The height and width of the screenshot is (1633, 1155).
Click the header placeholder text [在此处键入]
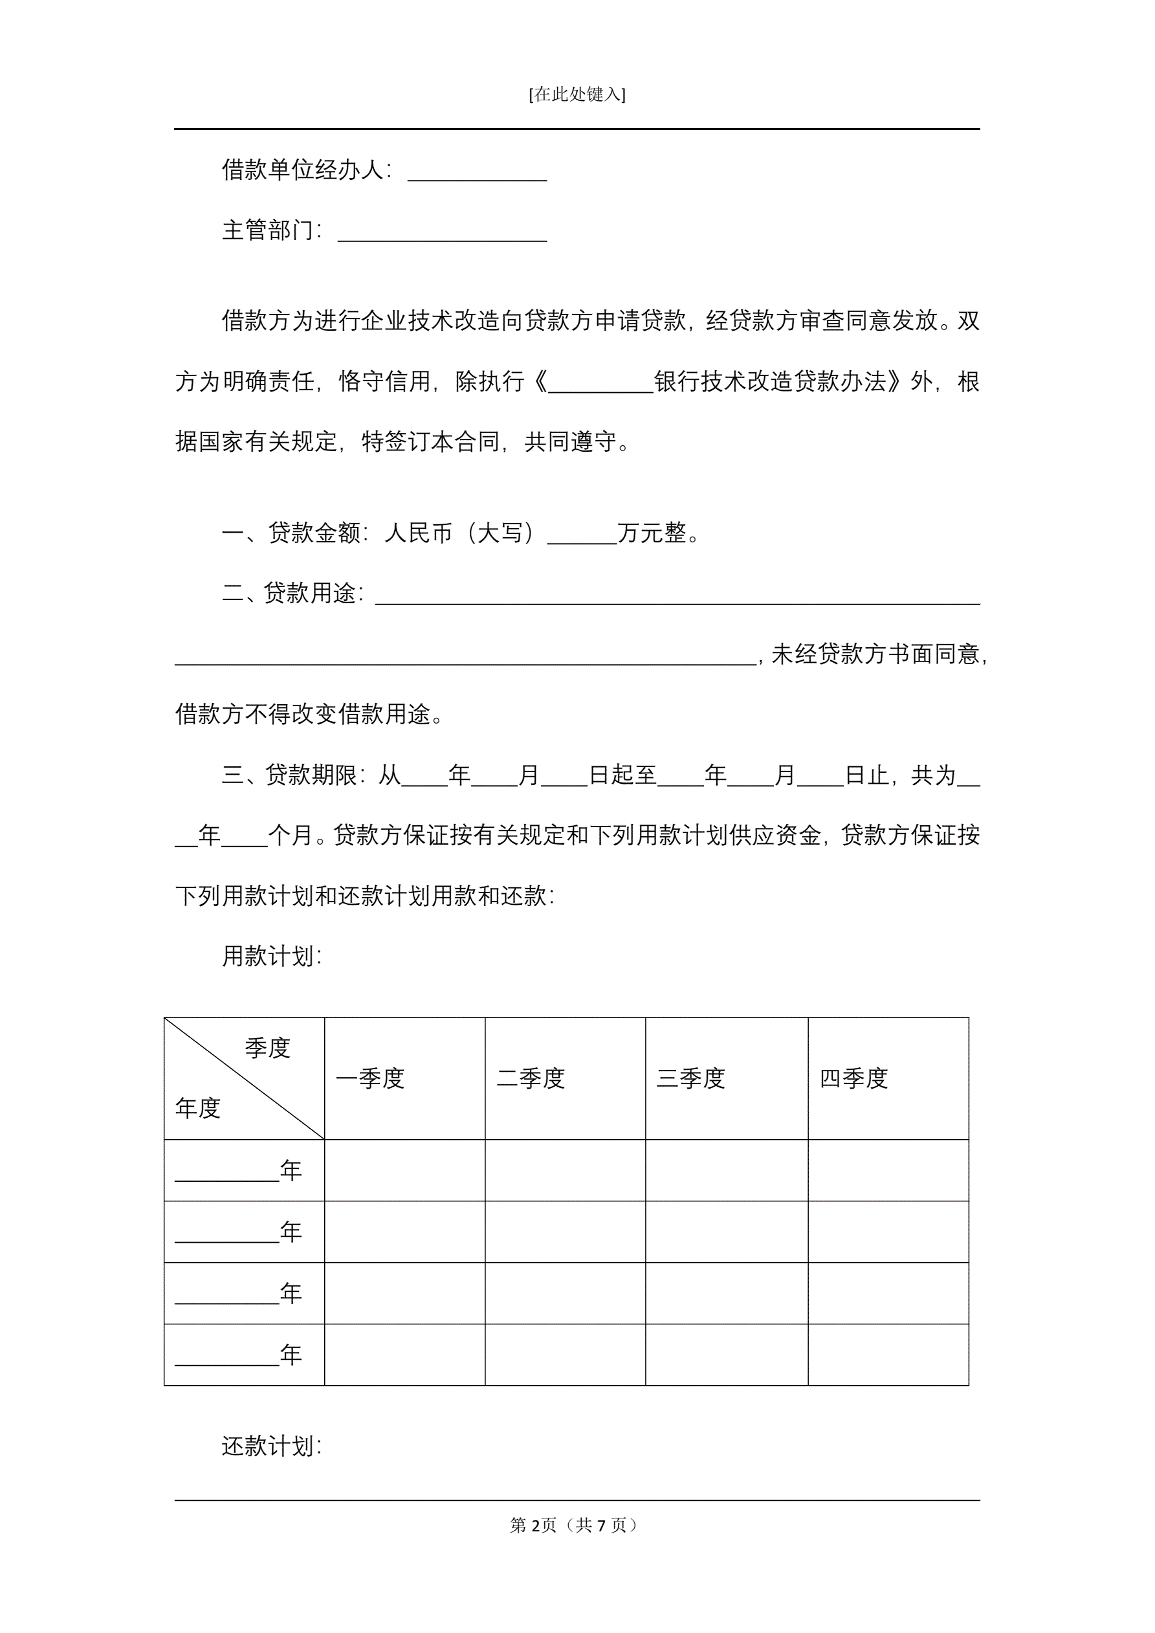(x=577, y=94)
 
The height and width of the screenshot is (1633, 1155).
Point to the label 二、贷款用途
(x=292, y=592)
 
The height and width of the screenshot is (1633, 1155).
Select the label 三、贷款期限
(x=293, y=775)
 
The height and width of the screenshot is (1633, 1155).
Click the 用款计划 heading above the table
(x=272, y=956)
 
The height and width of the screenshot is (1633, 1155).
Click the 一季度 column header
(x=370, y=1078)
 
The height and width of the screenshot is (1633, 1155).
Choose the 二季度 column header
(x=531, y=1078)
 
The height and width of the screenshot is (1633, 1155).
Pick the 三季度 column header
(x=690, y=1078)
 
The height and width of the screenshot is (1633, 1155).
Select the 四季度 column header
(x=853, y=1078)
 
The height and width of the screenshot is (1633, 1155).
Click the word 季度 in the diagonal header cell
(x=267, y=1048)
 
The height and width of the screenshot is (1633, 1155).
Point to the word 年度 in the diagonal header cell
(x=198, y=1108)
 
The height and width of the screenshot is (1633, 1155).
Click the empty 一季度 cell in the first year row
(x=404, y=1170)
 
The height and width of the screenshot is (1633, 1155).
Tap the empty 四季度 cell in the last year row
(x=888, y=1355)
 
